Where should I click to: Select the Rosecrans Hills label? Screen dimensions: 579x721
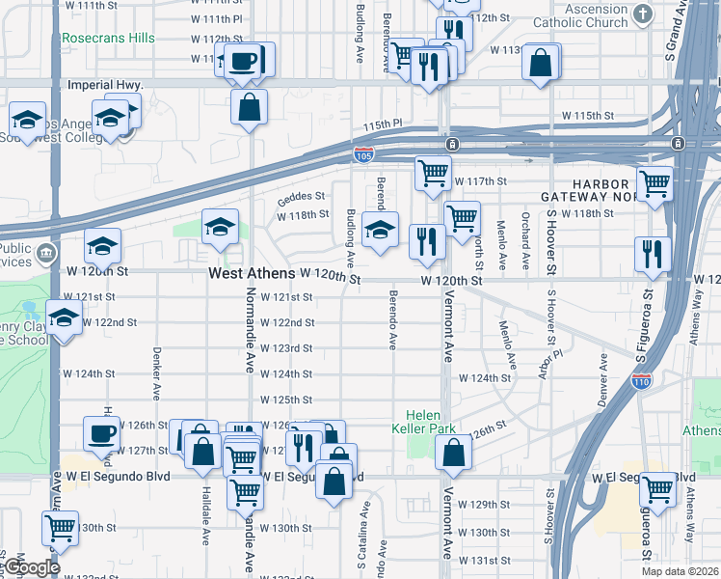tap(107, 39)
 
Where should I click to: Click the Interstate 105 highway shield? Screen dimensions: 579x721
tap(363, 154)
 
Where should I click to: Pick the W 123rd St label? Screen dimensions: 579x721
tap(287, 348)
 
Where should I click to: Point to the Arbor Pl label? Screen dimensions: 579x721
tap(543, 353)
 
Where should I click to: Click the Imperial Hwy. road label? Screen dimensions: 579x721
tap(105, 85)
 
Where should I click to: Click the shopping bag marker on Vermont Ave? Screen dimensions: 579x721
tap(452, 453)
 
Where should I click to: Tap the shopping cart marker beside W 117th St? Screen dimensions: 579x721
tap(433, 174)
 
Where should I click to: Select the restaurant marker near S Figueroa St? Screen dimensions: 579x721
tap(653, 254)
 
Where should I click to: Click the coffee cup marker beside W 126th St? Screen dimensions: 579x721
tap(101, 434)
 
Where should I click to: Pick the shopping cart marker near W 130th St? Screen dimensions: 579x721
tap(61, 529)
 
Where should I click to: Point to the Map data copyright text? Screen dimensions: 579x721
tap(680, 571)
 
